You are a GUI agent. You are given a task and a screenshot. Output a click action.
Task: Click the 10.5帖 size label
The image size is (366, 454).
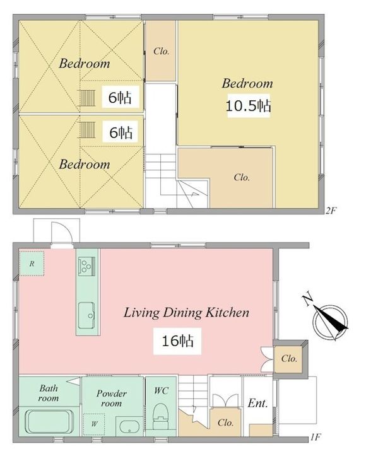(249, 106)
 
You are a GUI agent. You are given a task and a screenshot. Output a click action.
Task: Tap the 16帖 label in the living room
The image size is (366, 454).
(177, 340)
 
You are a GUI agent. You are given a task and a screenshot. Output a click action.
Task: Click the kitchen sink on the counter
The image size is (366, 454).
(86, 316)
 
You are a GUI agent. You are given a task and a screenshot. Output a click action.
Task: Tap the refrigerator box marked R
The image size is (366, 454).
(32, 264)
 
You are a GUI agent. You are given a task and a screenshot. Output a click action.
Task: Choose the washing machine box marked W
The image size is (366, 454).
(94, 424)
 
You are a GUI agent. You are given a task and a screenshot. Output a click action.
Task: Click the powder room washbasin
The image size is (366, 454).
(129, 426)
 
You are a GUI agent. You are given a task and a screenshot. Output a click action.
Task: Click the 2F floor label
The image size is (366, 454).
(331, 211)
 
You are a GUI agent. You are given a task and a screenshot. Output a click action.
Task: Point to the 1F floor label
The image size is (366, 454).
(316, 437)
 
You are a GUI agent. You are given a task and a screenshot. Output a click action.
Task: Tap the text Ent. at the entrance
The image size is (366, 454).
(257, 403)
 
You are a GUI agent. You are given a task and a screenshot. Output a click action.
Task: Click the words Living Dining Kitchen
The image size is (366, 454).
(186, 313)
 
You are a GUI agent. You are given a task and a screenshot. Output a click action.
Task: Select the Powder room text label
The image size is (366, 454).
(112, 398)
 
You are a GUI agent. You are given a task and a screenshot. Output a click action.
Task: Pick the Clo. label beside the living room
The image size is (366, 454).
(289, 358)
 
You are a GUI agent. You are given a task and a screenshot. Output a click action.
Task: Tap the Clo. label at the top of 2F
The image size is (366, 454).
(161, 51)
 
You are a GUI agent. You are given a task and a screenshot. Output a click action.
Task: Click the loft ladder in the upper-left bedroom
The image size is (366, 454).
(87, 98)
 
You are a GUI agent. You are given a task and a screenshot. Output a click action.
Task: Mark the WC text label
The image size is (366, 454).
(161, 390)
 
